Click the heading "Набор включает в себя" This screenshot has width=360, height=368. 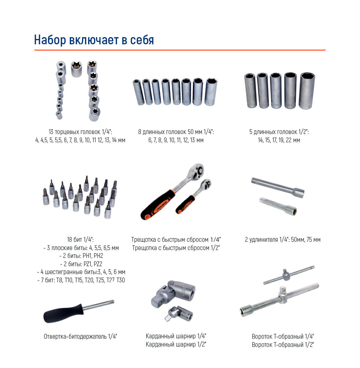click(x=94, y=40)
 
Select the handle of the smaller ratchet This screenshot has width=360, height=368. click(x=185, y=204)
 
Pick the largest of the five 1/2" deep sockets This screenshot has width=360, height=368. click(x=307, y=90)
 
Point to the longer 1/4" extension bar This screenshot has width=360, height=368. click(x=278, y=187)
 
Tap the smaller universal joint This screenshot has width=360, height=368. click(x=179, y=314)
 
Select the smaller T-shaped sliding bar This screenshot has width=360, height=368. click(x=289, y=275)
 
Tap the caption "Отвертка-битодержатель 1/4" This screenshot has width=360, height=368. click(x=80, y=336)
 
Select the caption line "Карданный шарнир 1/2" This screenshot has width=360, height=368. click(x=176, y=345)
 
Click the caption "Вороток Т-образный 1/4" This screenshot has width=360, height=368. click(x=283, y=336)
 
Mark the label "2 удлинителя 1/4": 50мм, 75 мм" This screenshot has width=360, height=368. click(x=283, y=240)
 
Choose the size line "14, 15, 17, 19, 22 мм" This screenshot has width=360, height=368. click(x=279, y=140)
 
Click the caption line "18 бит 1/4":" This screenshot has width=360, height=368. click(x=80, y=240)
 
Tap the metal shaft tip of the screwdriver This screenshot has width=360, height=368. click(x=112, y=302)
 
